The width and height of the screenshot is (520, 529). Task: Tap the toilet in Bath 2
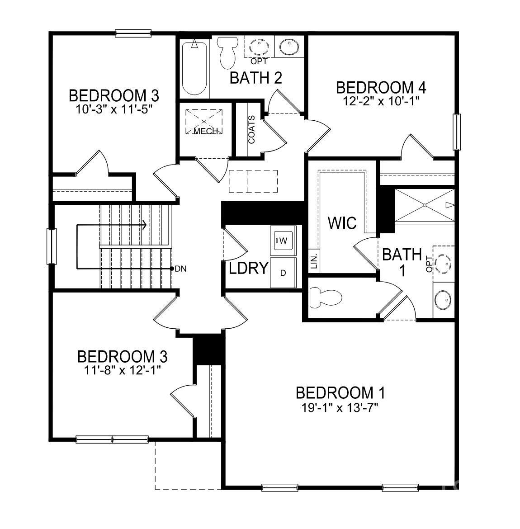[x=227, y=52]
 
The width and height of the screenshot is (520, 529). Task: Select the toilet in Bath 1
[x=325, y=298]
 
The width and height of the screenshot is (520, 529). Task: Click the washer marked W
[x=283, y=240]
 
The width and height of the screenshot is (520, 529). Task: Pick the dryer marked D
[x=283, y=273]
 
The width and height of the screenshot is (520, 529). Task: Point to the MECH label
[x=206, y=131]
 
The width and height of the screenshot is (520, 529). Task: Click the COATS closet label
[x=251, y=130]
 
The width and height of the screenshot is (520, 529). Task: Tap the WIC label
[x=342, y=223]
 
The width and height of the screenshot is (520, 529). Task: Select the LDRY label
[x=249, y=268]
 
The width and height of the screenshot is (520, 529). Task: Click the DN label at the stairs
[x=181, y=269]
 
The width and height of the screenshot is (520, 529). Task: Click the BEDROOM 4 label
[x=381, y=87]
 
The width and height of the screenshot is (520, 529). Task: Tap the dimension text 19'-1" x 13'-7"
[x=340, y=407]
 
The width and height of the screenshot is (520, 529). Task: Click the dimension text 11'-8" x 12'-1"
[x=122, y=369]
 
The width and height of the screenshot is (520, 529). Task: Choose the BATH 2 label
[x=256, y=78]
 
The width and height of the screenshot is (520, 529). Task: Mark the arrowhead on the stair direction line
[x=144, y=225]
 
